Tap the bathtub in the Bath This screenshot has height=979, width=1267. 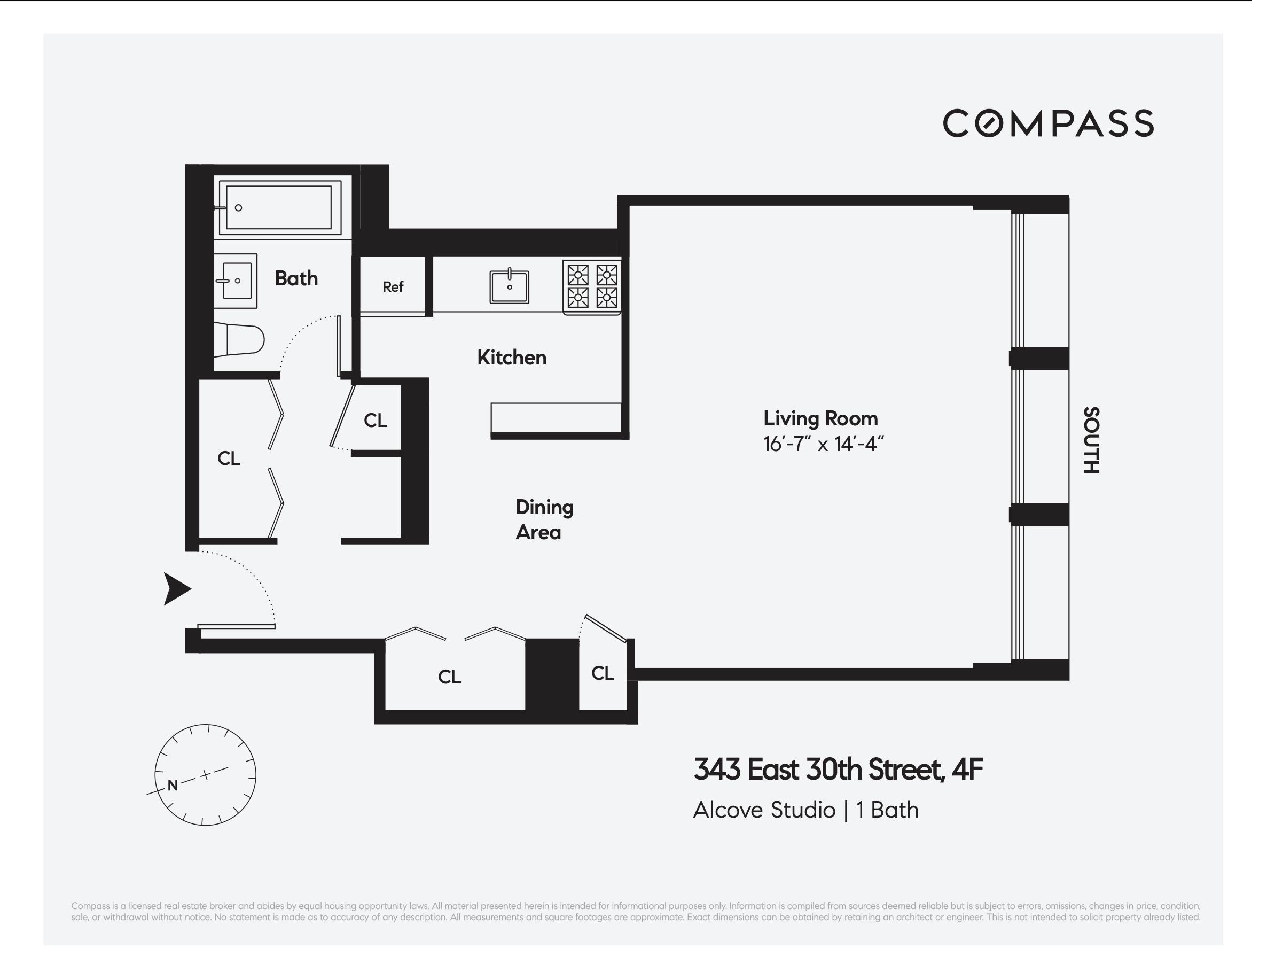click(x=278, y=207)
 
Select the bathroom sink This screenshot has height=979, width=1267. click(x=236, y=281)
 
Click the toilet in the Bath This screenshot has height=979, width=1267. click(x=241, y=339)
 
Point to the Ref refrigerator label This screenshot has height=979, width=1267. click(x=393, y=286)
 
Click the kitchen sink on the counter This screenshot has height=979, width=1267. click(x=510, y=286)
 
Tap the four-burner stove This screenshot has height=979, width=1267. click(x=592, y=286)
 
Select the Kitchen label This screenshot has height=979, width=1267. click(x=512, y=358)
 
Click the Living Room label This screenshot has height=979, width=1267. click(x=820, y=418)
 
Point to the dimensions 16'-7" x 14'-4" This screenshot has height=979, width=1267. click(x=823, y=445)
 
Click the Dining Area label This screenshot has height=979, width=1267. click(x=544, y=520)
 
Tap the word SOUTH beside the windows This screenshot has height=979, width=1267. click(x=1091, y=440)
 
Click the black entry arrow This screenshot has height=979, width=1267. click(x=176, y=589)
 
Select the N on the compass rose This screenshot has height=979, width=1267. click(x=173, y=785)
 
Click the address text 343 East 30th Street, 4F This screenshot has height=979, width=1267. click(x=838, y=770)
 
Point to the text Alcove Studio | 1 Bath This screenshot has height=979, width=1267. click(x=805, y=810)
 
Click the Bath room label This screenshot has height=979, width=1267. click(x=296, y=278)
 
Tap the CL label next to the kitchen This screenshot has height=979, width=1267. click(x=376, y=421)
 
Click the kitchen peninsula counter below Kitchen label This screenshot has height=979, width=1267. click(x=556, y=418)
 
